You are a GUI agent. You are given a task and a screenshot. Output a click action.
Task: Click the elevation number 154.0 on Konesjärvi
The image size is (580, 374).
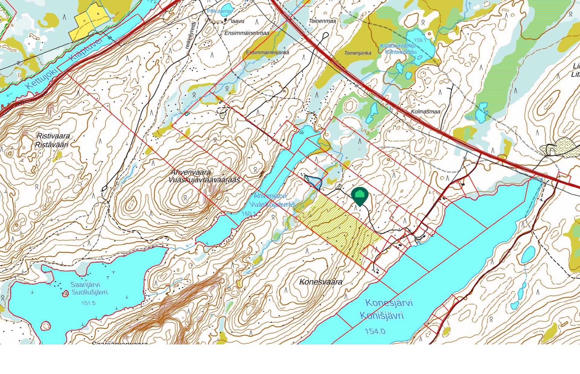coord(375,331)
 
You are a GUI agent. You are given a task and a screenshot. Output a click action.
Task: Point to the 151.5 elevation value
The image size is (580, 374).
coord(88,303)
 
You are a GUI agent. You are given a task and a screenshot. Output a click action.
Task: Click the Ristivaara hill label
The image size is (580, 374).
coord(53,136)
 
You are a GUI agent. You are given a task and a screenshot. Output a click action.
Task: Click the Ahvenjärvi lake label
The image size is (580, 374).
coord(270,196)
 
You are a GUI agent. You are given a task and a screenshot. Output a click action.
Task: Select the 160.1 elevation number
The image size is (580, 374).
coord(249,214)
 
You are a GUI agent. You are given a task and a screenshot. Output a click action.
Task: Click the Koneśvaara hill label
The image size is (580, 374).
coord(321,282)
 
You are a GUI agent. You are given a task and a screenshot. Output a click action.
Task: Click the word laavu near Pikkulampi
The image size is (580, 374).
coord(237,21)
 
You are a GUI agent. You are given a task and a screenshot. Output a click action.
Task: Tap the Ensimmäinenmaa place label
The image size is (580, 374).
coord(246,33)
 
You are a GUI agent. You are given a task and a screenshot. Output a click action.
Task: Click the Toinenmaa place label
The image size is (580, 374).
coord(322,21)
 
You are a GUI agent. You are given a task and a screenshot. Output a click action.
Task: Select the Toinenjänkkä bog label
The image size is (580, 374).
coord(358,53)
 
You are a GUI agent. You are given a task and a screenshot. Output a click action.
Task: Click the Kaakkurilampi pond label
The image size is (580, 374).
coord(398,46)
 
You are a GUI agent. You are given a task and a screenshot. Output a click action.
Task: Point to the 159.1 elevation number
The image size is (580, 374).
coord(420,40)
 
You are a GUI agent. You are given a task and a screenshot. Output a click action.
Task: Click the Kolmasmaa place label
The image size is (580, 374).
coord(425,112)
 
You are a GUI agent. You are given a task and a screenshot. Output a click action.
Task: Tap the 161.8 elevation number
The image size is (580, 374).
coord(471,118)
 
